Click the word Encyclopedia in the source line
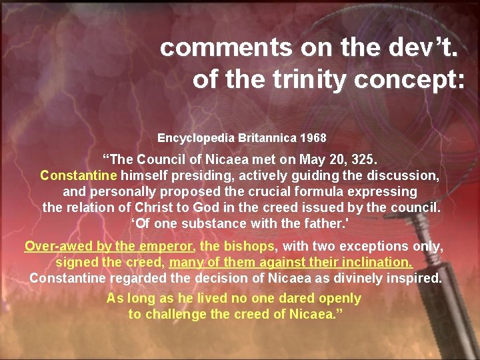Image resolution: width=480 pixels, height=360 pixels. (192, 138)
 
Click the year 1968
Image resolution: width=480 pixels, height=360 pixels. (313, 138)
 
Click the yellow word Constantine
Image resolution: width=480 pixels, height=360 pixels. (79, 176)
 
